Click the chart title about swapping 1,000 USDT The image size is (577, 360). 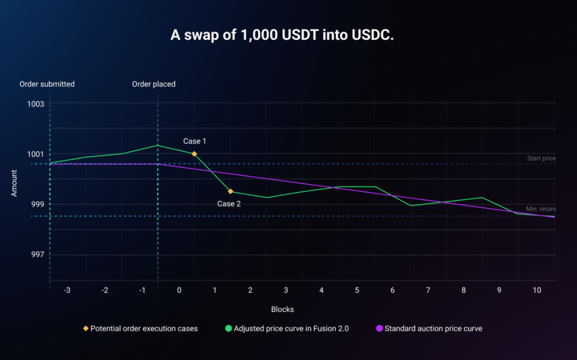pyautogui.click(x=282, y=35)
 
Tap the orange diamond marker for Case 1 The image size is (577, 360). pyautogui.click(x=194, y=154)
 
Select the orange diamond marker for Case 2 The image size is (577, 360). pyautogui.click(x=230, y=191)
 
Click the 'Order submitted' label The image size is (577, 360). pyautogui.click(x=47, y=84)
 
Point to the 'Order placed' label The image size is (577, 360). pyautogui.click(x=154, y=84)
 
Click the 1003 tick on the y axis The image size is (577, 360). pyautogui.click(x=36, y=104)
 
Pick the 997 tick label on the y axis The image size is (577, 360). pyautogui.click(x=36, y=254)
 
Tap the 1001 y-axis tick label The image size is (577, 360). pyautogui.click(x=36, y=154)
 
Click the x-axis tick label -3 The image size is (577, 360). pyautogui.click(x=67, y=290)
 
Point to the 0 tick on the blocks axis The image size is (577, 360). pyautogui.click(x=179, y=290)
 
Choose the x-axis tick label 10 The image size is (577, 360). pyautogui.click(x=537, y=290)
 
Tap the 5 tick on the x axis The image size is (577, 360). pyautogui.click(x=357, y=290)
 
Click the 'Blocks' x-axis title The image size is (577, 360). pyautogui.click(x=282, y=309)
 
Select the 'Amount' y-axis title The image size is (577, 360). pyautogui.click(x=14, y=183)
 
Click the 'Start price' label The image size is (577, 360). pyautogui.click(x=541, y=158)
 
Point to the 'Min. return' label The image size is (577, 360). pyautogui.click(x=541, y=209)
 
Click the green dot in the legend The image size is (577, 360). pyautogui.click(x=228, y=328)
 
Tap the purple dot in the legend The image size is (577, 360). pyautogui.click(x=379, y=328)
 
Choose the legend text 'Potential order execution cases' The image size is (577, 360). pyautogui.click(x=144, y=328)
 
